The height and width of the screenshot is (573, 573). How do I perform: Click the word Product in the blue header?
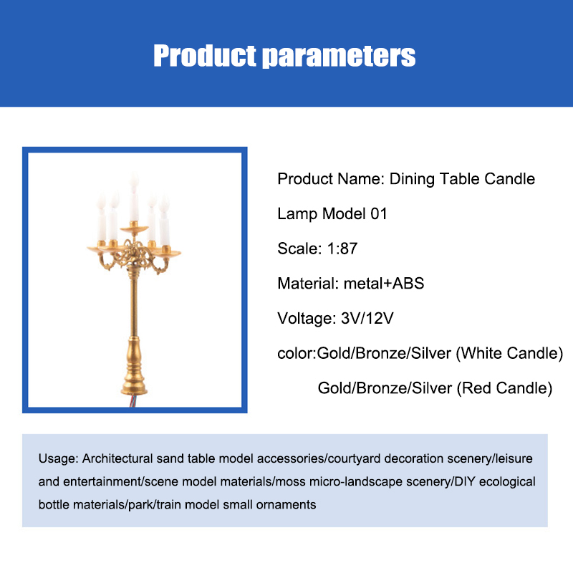point(205,56)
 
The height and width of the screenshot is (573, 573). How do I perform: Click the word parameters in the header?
point(339,57)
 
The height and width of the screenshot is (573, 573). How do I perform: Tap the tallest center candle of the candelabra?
point(134,198)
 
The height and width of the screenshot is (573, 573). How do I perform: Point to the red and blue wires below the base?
point(134,401)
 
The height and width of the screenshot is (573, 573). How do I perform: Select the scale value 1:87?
point(342,249)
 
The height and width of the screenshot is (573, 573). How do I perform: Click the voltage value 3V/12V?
point(367,318)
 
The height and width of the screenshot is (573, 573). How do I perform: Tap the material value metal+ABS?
point(384,283)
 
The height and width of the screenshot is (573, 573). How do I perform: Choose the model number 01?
point(379,213)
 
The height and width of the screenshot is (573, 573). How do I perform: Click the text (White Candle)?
point(509,353)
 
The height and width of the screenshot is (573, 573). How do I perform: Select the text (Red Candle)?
point(504,388)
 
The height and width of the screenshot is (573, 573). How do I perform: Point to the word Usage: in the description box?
point(59,458)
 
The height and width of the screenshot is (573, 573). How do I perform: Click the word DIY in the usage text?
point(464,481)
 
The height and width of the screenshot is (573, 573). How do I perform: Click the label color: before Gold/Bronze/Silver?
point(297,354)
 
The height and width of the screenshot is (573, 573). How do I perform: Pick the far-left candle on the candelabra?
point(101,218)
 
